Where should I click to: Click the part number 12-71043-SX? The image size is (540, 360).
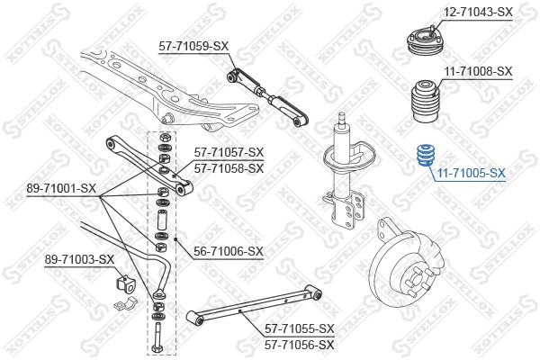478,12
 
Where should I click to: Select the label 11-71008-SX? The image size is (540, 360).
478,71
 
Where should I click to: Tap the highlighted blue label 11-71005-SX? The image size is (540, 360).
471,173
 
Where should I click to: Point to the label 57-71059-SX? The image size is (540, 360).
194,45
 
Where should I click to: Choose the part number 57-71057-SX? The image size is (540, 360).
229,153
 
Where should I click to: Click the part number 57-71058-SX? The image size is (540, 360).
229,167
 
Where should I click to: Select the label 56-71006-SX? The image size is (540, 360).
229,251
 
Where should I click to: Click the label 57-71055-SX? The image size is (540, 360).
300,329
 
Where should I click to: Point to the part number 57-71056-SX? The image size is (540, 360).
300,344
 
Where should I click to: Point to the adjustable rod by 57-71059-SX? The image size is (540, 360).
268,94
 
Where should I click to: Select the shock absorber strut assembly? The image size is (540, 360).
342,180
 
